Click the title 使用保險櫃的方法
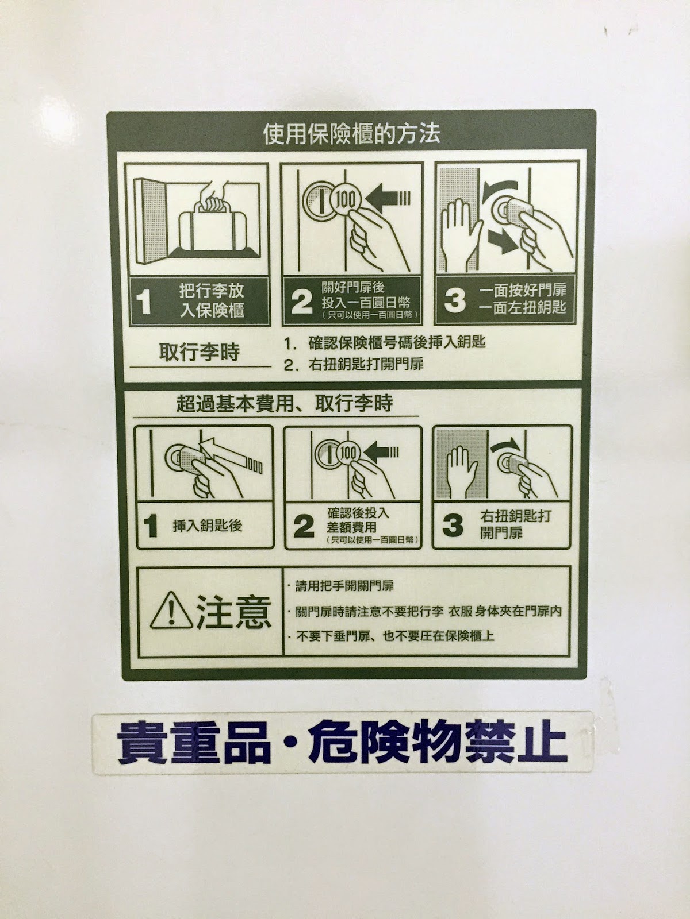[x=351, y=134]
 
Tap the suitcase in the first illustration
[x=214, y=226]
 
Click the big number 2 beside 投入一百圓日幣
[x=302, y=302]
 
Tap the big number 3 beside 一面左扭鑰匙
[x=455, y=300]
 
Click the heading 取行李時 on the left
[x=199, y=352]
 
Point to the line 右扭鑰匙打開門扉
[x=366, y=364]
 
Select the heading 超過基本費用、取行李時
[x=285, y=404]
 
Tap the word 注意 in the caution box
[x=234, y=612]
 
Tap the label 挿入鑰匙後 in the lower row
[x=207, y=526]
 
